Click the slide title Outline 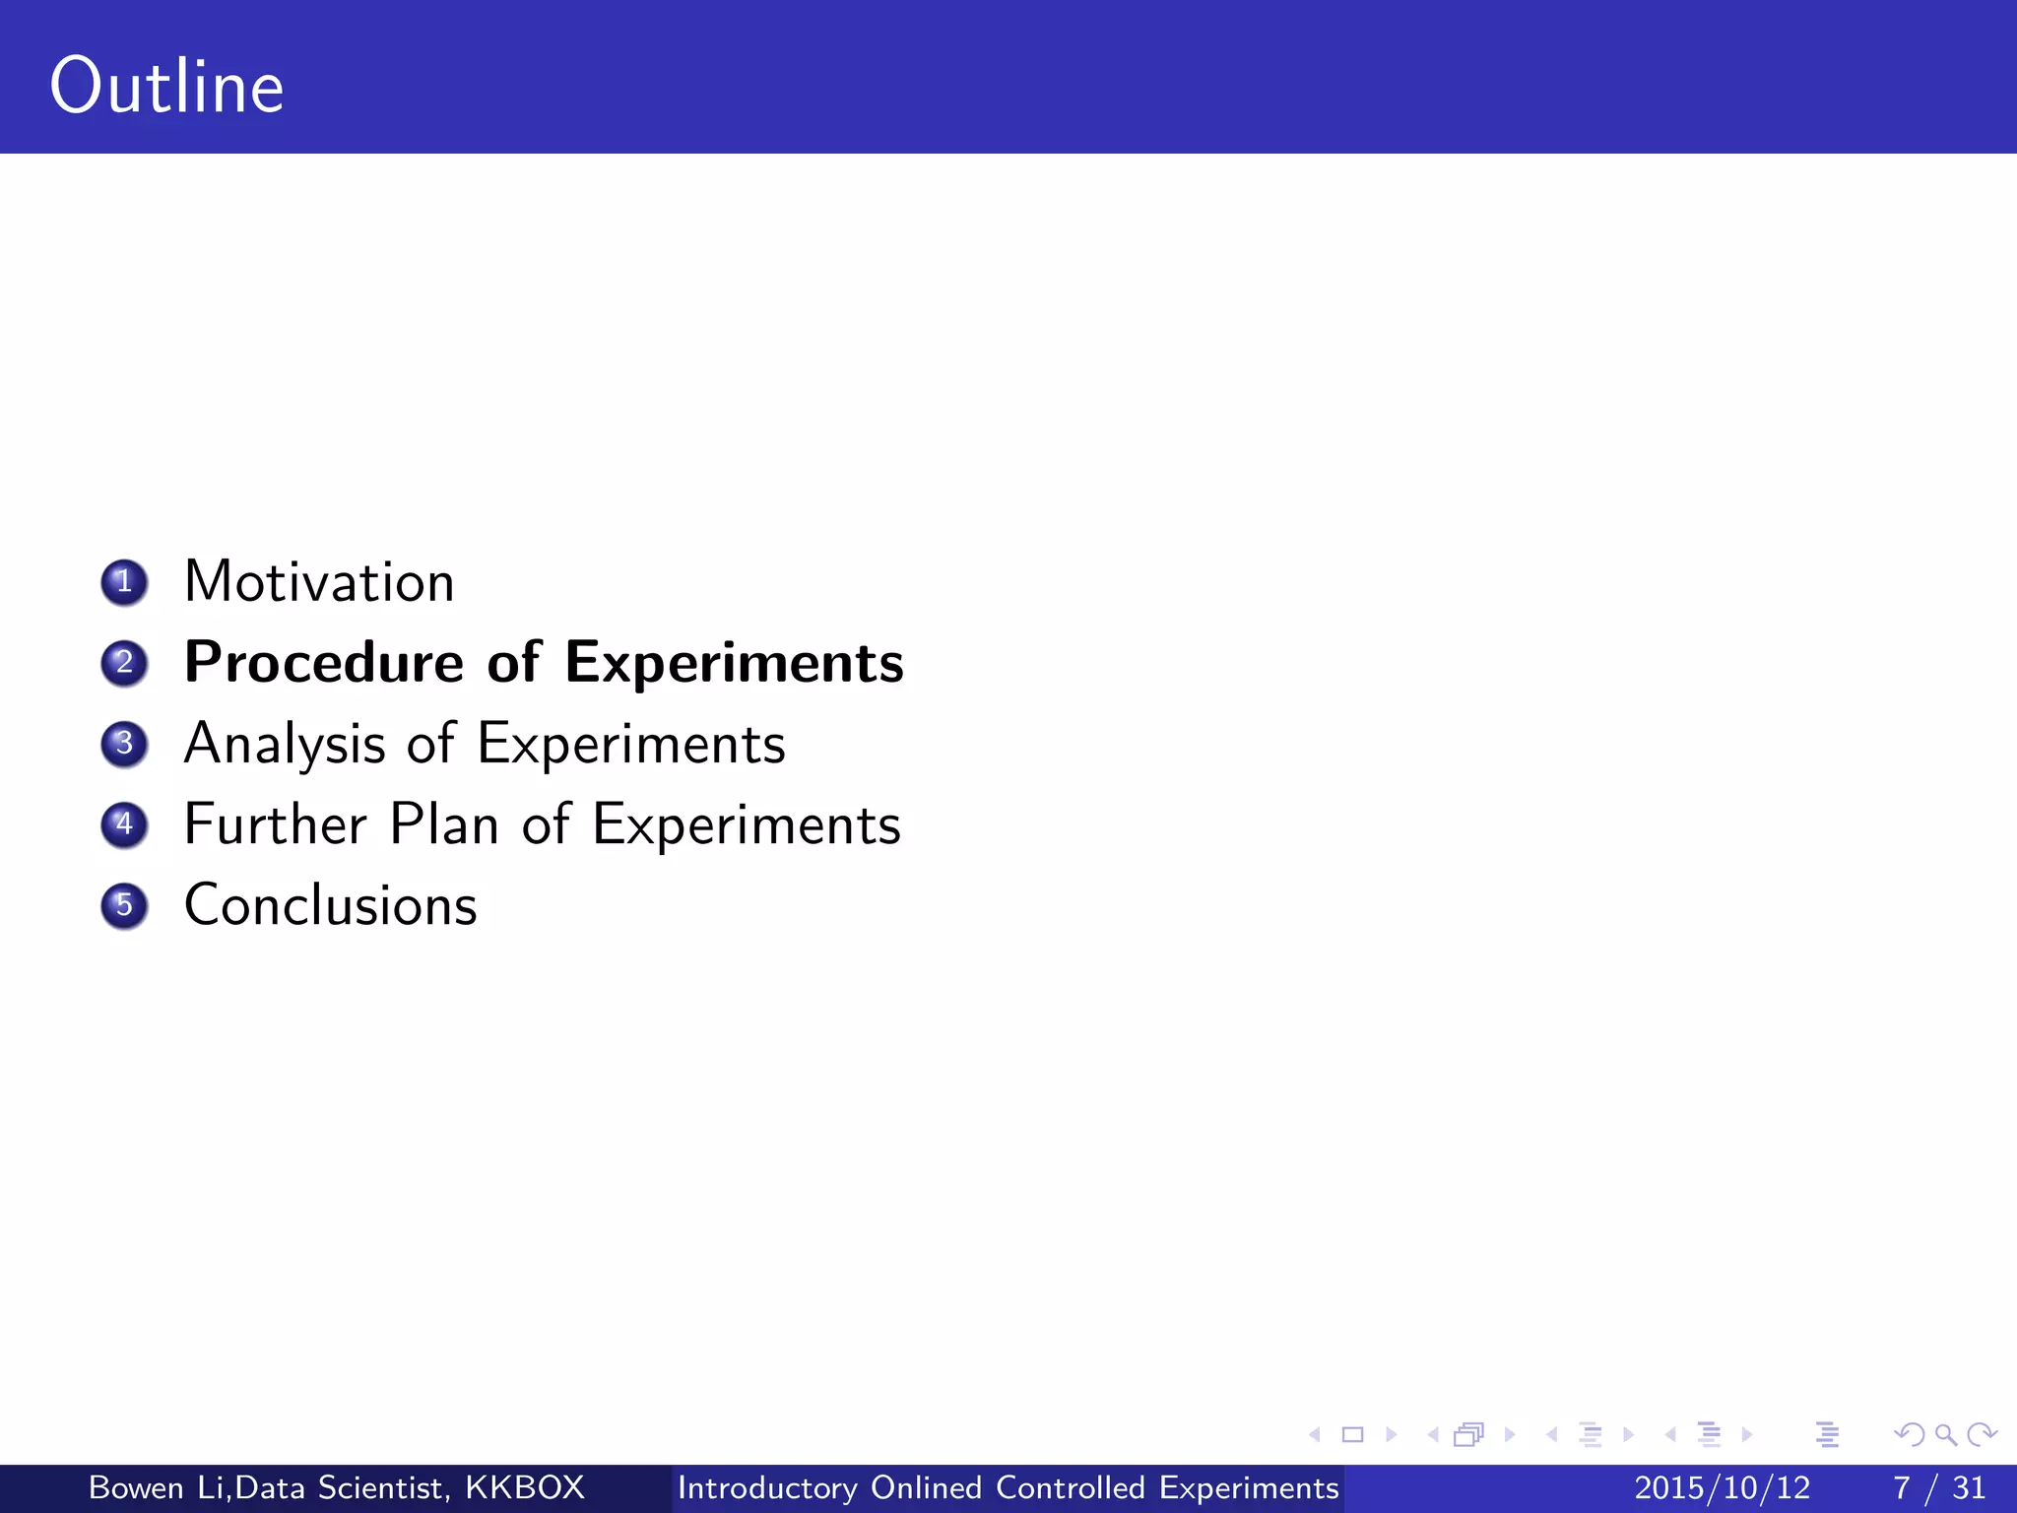click(x=167, y=87)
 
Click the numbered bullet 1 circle click(x=124, y=582)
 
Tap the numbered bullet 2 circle click(x=124, y=663)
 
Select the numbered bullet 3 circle click(x=124, y=744)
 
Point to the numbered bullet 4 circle click(x=124, y=824)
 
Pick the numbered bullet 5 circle click(x=124, y=905)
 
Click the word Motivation click(x=319, y=582)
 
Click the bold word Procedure click(x=324, y=663)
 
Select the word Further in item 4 click(x=276, y=824)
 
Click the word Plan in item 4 click(x=444, y=824)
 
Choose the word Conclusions click(x=331, y=905)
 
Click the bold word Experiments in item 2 click(x=734, y=663)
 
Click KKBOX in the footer click(x=525, y=1487)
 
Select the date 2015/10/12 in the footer click(x=1722, y=1487)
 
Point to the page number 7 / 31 click(x=1938, y=1487)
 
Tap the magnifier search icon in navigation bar click(x=1945, y=1434)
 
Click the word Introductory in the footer click(x=767, y=1487)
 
